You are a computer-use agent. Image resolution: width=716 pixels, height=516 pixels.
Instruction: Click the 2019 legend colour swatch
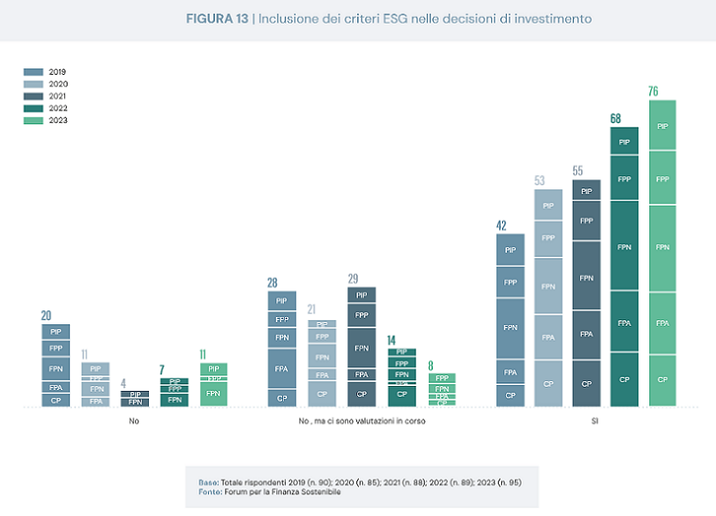[34, 72]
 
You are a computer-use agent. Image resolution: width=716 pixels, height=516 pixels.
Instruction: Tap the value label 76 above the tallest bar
[653, 91]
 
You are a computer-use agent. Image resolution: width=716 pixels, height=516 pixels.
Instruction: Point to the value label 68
[616, 119]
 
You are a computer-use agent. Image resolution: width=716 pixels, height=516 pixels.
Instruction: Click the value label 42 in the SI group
[501, 225]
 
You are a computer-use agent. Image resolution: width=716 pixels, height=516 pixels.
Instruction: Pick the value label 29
[354, 279]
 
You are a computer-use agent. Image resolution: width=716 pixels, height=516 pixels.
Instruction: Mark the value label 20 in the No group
[47, 315]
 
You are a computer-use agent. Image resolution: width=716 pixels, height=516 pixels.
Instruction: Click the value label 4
[123, 383]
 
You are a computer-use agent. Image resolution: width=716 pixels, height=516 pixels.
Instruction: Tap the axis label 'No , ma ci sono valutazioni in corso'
[351, 421]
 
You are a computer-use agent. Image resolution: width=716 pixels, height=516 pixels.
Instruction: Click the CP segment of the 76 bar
[663, 379]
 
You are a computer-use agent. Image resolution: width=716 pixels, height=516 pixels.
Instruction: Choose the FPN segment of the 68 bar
[624, 246]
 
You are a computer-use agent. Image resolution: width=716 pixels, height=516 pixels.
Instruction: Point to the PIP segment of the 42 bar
[510, 250]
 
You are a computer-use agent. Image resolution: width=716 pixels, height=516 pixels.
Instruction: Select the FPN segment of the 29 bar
[361, 348]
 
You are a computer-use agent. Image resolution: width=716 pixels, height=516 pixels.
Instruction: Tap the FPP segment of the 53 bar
[548, 238]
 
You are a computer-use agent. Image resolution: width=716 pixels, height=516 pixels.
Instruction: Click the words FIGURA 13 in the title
[217, 18]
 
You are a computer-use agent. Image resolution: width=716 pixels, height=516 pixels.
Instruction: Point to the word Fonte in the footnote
[209, 492]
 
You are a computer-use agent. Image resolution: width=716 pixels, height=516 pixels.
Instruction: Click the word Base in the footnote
[208, 481]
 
